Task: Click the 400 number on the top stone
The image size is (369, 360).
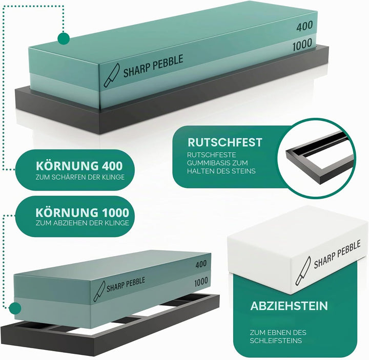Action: (304, 26)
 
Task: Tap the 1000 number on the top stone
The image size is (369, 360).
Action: (302, 45)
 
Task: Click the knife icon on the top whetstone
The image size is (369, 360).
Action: (112, 75)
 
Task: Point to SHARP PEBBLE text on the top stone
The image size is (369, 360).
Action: (153, 66)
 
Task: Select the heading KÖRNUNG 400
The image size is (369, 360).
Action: (79, 166)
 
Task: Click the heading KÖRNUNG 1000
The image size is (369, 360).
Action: (83, 213)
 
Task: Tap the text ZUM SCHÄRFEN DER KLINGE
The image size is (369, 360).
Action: (80, 177)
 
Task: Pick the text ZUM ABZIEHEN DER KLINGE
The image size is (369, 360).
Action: (83, 223)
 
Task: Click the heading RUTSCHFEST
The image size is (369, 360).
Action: (225, 142)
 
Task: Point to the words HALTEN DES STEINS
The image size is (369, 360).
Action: (221, 171)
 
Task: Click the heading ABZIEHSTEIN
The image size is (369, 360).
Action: (289, 306)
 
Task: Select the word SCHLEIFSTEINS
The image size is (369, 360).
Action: (276, 341)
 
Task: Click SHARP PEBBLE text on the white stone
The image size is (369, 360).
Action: (337, 254)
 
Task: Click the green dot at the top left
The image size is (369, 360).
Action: (64, 38)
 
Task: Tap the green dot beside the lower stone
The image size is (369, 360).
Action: (15, 308)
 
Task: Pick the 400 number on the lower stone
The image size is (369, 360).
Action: (201, 264)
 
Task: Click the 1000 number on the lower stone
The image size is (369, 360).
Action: (201, 282)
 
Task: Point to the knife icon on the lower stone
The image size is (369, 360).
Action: (99, 291)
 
